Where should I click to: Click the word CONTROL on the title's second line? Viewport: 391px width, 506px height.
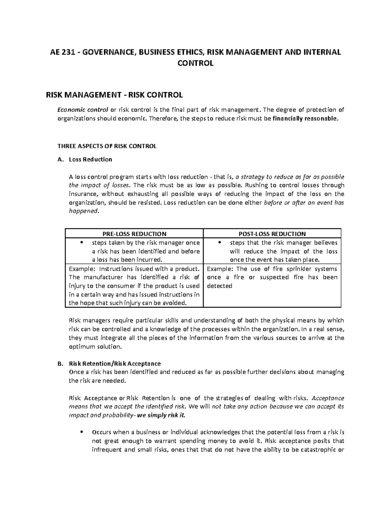coord(195,63)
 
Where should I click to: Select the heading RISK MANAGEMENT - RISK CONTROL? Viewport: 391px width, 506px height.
coord(114,95)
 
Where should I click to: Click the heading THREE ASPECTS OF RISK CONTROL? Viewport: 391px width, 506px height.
coord(107,146)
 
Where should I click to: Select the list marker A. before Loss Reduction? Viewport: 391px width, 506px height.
coord(60,159)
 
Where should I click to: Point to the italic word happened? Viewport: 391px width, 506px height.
coord(83,211)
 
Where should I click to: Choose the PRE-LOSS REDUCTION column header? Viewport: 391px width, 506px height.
coord(134,234)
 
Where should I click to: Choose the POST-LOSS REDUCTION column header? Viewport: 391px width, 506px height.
coord(272,234)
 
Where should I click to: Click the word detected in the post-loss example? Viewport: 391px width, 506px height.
coord(220,286)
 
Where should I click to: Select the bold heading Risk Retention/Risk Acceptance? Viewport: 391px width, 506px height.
coord(115,363)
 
